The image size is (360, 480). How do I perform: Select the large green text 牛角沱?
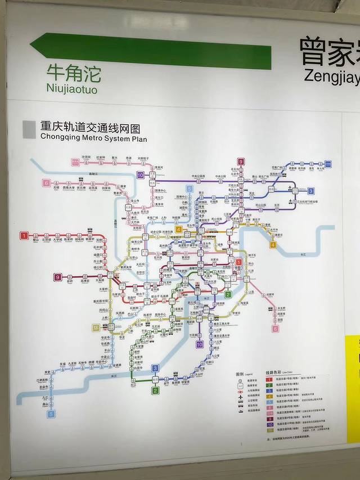(x=74, y=73)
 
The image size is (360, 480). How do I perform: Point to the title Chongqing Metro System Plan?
(x=93, y=138)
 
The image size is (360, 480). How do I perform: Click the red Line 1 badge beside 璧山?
(x=24, y=235)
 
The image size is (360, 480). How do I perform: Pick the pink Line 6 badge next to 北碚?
(x=46, y=183)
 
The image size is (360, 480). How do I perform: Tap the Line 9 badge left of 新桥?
(x=58, y=277)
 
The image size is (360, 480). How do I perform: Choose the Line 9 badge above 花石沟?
(x=241, y=162)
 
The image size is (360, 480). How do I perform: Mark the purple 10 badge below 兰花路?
(x=199, y=344)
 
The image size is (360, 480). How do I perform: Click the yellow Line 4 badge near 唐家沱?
(x=273, y=245)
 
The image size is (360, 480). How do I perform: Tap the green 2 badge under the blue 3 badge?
(x=156, y=390)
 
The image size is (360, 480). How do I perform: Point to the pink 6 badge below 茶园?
(x=276, y=329)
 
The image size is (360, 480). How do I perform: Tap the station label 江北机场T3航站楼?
(x=307, y=201)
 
